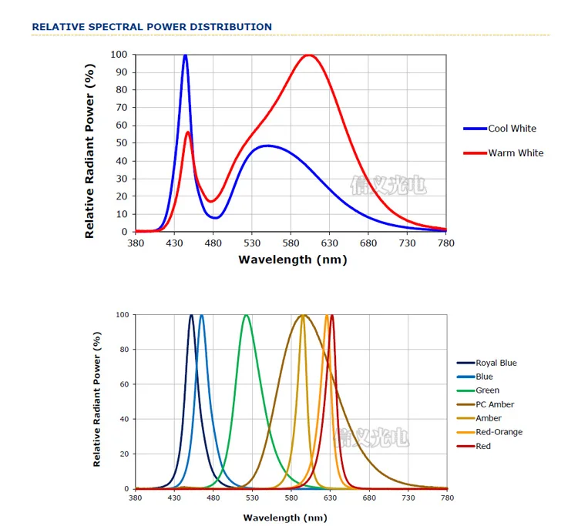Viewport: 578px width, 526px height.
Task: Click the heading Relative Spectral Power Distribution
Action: (152, 27)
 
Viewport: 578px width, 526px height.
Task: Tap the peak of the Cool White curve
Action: (185, 55)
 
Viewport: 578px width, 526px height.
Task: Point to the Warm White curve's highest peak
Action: (309, 55)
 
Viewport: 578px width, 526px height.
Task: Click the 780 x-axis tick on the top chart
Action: (446, 243)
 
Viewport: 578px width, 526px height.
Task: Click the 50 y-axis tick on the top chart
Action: (121, 143)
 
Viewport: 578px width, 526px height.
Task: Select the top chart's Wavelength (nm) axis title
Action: (293, 260)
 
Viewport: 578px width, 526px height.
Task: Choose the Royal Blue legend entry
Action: (496, 363)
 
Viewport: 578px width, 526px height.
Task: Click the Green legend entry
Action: (487, 390)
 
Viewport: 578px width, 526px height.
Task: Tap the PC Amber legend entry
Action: (495, 404)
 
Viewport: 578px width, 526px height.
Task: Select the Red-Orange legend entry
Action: (499, 432)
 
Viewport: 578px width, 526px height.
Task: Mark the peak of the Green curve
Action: (246, 315)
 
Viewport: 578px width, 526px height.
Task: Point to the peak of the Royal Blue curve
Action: (192, 315)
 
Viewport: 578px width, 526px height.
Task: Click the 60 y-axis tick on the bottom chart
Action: (123, 384)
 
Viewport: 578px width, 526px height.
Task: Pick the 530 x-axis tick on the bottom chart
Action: (252, 498)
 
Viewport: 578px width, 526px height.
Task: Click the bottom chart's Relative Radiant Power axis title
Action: (97, 400)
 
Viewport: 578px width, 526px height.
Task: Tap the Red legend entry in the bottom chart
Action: (483, 446)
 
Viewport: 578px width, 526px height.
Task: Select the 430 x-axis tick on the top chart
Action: (174, 243)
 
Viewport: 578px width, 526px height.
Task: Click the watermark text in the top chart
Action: (388, 185)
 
